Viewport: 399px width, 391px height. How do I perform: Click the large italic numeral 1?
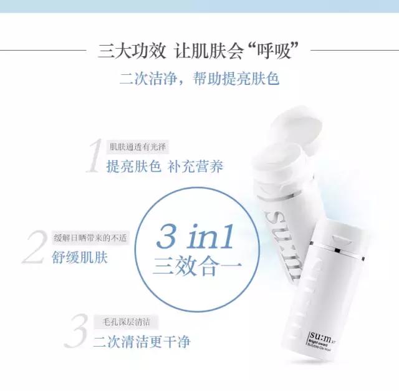click(x=94, y=156)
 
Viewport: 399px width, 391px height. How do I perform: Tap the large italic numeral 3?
click(x=75, y=332)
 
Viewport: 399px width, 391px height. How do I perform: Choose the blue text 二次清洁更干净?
click(x=142, y=342)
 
